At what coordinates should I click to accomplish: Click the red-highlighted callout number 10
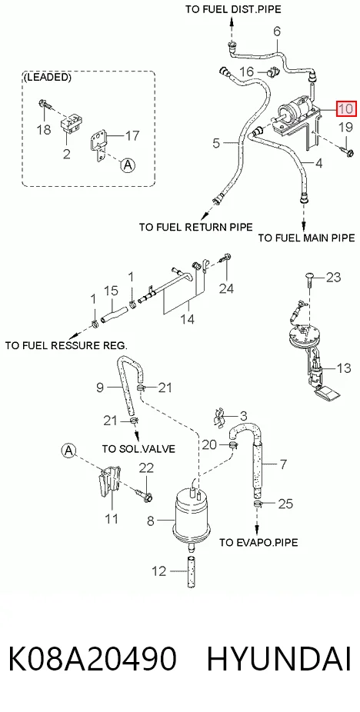(x=346, y=109)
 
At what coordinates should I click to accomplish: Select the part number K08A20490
(x=92, y=659)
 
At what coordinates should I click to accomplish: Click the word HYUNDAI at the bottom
(x=279, y=659)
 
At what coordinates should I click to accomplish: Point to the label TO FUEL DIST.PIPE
(x=233, y=9)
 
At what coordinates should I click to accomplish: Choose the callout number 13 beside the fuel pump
(x=344, y=368)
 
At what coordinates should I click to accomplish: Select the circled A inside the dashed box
(x=128, y=165)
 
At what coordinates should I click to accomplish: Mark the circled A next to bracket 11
(x=68, y=450)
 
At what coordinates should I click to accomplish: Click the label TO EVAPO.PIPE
(x=258, y=542)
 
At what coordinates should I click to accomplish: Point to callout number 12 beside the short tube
(x=159, y=571)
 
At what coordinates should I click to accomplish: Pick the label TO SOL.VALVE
(x=138, y=448)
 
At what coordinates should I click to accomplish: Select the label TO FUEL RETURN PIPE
(x=196, y=226)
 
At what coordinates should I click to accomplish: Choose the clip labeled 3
(x=219, y=417)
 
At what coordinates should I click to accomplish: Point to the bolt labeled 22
(x=145, y=494)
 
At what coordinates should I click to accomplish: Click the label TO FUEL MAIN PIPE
(x=306, y=238)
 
